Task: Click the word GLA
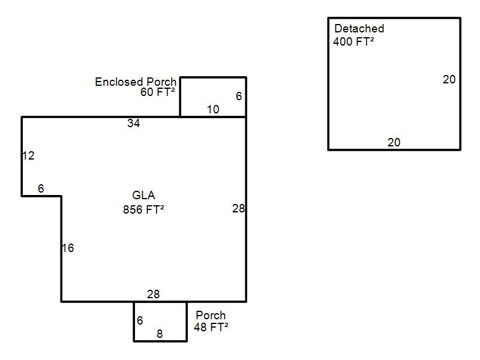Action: click(143, 195)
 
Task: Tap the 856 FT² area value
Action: click(143, 209)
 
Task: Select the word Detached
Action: click(359, 28)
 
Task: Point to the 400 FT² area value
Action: click(353, 41)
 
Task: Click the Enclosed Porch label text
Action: click(136, 82)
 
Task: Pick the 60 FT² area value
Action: click(158, 92)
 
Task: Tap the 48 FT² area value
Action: click(211, 327)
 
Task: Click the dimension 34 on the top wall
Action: click(133, 123)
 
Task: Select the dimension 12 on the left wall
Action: click(28, 155)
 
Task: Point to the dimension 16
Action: click(68, 248)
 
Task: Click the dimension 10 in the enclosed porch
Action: click(213, 109)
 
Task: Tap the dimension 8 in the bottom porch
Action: click(160, 334)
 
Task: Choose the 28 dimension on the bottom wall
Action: click(154, 294)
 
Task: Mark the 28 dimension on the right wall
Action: click(238, 208)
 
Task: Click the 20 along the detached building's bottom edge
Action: click(394, 142)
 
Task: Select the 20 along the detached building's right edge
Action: click(449, 80)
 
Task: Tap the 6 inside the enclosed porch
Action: click(239, 96)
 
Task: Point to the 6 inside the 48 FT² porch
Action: click(140, 320)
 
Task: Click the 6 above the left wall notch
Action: click(41, 188)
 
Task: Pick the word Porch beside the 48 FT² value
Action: click(211, 315)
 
